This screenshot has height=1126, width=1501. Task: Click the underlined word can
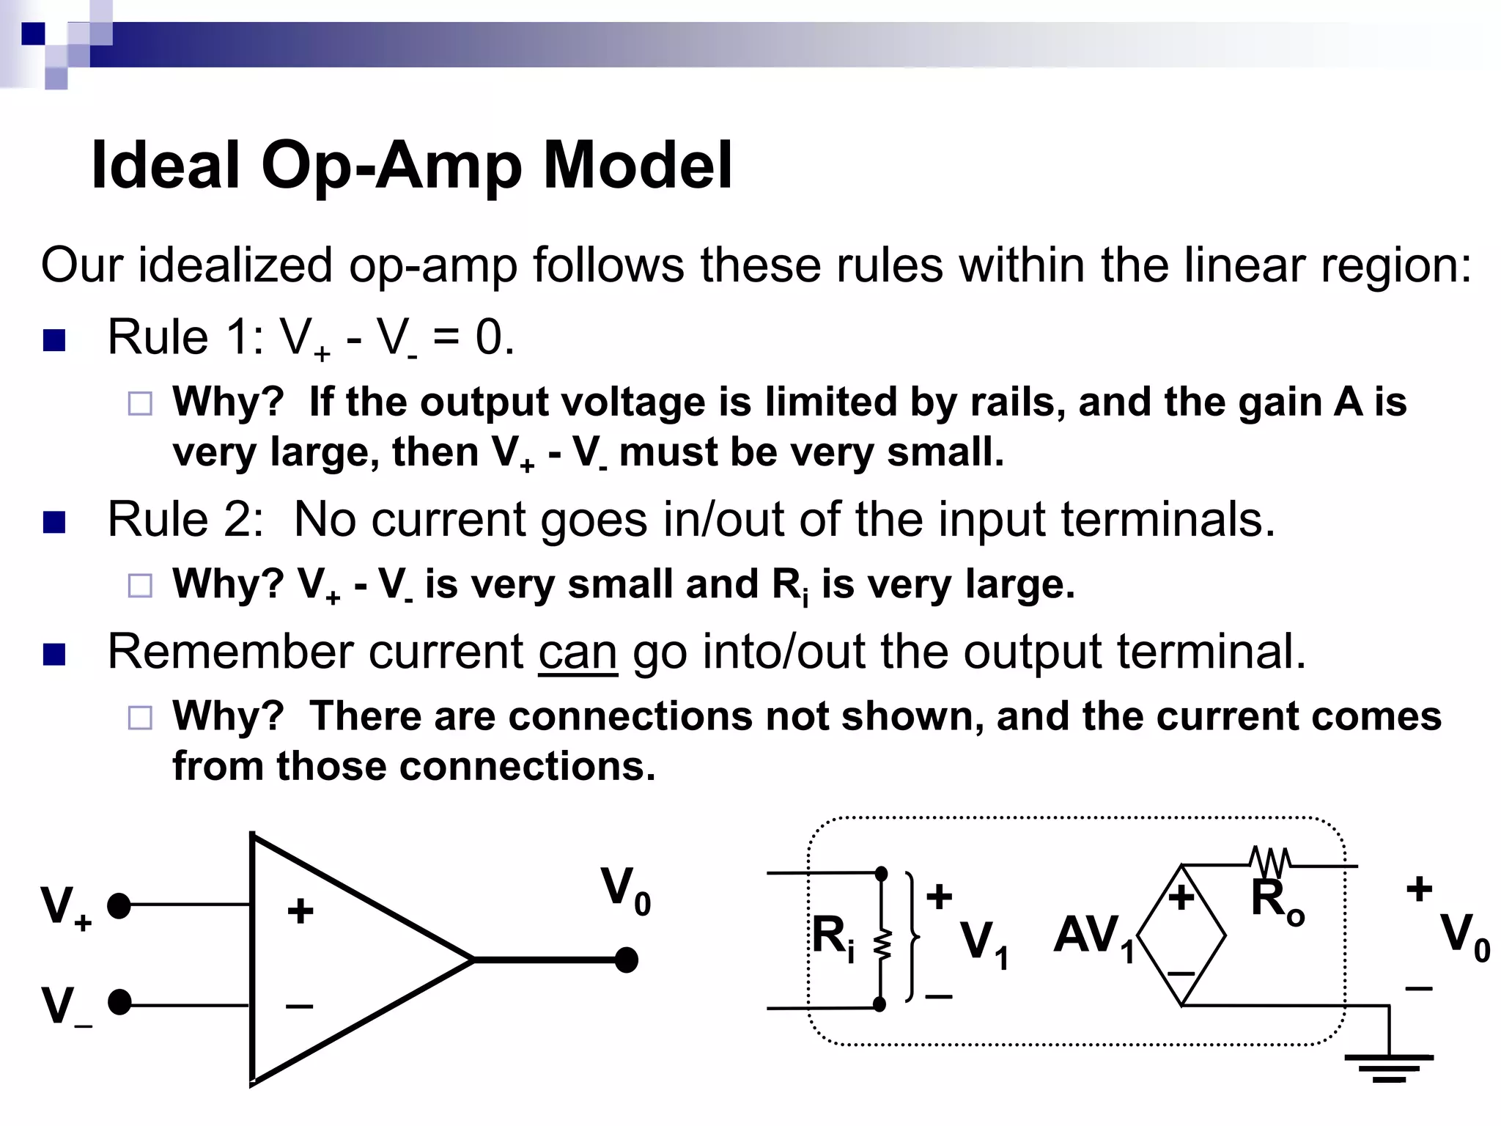coord(578,652)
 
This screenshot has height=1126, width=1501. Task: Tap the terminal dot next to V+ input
coord(119,906)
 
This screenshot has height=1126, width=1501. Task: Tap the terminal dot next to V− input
coord(119,1002)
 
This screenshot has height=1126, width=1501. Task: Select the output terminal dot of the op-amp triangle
coord(626,960)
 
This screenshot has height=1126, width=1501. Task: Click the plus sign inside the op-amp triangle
coord(300,911)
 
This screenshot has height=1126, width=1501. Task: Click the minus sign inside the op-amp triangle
coord(299,1006)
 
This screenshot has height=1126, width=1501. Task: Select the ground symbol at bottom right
coord(1389,1067)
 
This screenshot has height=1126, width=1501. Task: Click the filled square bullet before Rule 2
coord(54,522)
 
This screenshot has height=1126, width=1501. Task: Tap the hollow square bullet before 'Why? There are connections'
coord(140,718)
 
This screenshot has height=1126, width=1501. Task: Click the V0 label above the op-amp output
coord(625,890)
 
